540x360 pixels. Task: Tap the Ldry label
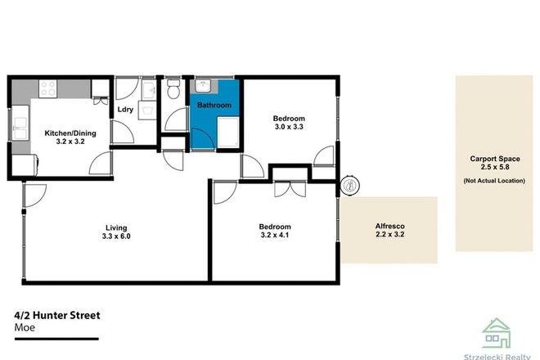pos(125,109)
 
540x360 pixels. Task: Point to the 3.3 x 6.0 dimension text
pos(115,237)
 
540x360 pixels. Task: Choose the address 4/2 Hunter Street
pos(56,314)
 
